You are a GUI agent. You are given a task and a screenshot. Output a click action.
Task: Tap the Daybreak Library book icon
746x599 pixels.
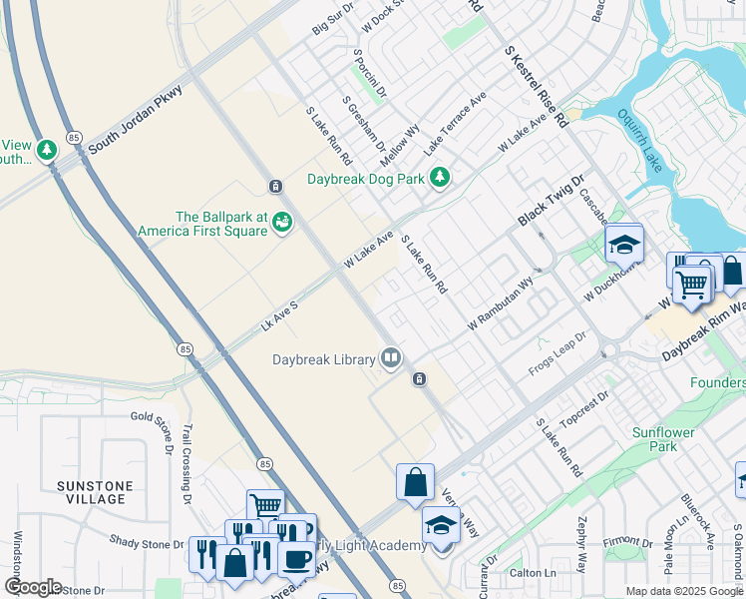[391, 358]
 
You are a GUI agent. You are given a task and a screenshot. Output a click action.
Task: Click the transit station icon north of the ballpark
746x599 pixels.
[274, 186]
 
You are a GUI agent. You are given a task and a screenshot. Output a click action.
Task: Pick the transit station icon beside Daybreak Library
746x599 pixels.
[419, 378]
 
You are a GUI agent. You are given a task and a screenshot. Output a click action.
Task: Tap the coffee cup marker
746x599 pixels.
[295, 559]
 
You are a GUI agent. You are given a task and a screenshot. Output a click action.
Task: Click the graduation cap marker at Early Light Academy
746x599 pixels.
[441, 525]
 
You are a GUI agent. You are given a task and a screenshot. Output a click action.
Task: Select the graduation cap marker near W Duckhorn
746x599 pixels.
[623, 244]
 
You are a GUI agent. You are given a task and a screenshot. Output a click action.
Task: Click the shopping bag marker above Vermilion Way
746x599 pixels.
[415, 483]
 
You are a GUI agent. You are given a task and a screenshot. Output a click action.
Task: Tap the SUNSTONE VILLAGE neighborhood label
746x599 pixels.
[94, 493]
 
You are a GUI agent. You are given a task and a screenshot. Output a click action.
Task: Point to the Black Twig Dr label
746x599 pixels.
[548, 205]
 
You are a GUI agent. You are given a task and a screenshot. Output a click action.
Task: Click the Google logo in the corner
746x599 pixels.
[33, 587]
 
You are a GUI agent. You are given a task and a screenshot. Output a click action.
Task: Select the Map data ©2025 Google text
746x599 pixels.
[683, 591]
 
